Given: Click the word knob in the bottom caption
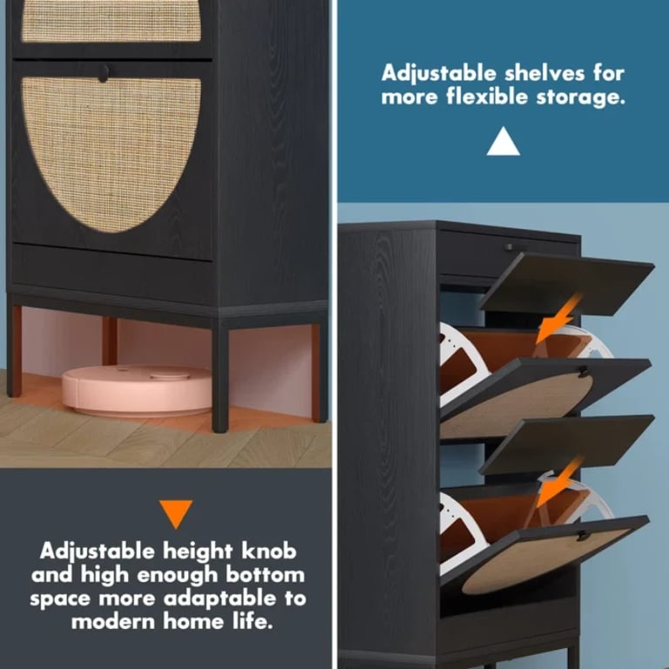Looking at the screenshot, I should click(267, 551).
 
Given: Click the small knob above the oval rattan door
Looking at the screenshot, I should click(103, 73).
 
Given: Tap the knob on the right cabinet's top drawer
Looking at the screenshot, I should click(510, 247).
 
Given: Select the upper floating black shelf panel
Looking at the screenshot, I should click(566, 283).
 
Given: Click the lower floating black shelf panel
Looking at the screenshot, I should click(566, 443).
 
